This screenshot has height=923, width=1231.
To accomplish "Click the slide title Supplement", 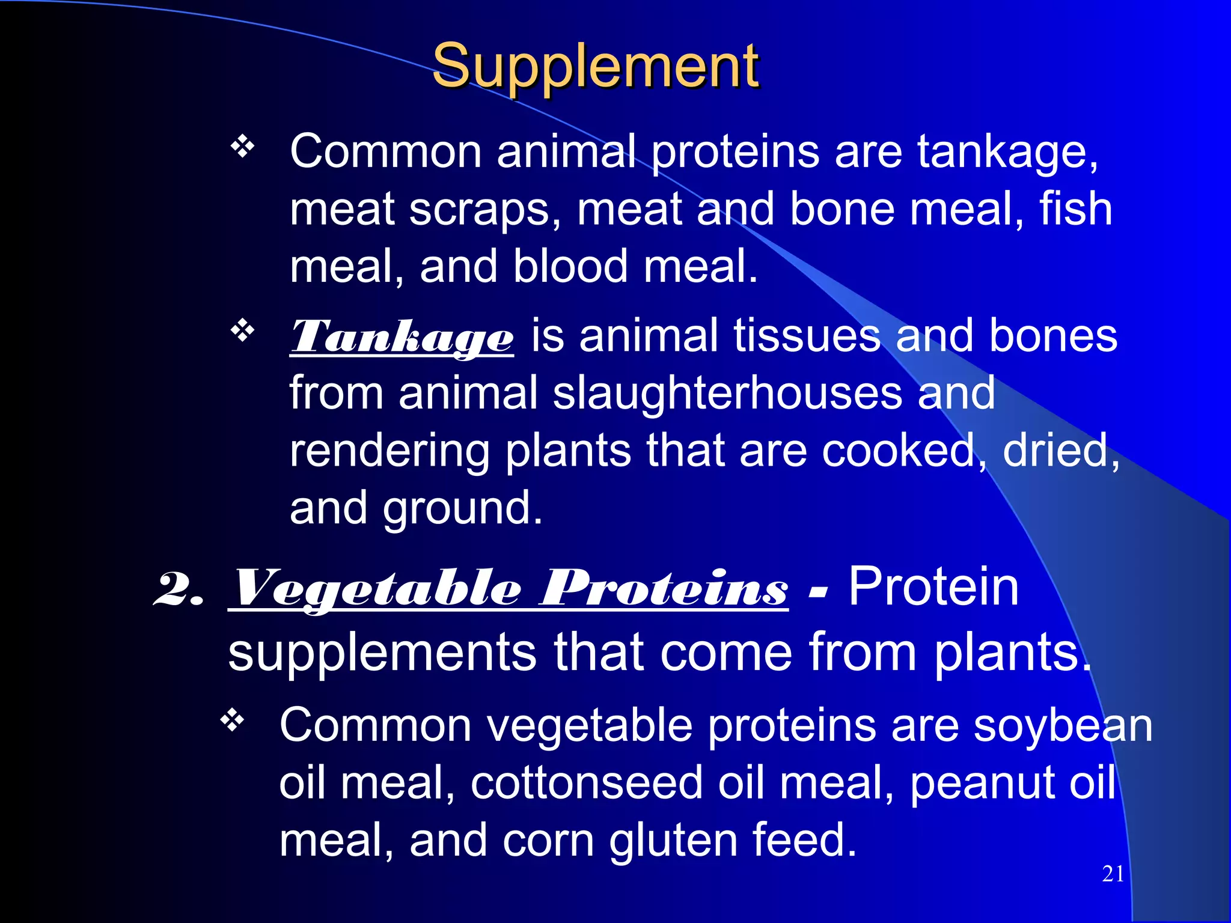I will click(x=595, y=66).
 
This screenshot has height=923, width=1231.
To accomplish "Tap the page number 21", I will click(x=1113, y=874).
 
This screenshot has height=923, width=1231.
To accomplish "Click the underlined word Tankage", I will click(x=402, y=338).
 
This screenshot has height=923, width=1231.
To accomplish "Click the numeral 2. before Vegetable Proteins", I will click(x=179, y=589).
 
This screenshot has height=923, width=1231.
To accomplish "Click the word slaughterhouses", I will click(x=727, y=393).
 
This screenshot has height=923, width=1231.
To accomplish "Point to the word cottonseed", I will click(x=587, y=782).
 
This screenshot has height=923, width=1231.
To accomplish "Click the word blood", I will click(x=571, y=267).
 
